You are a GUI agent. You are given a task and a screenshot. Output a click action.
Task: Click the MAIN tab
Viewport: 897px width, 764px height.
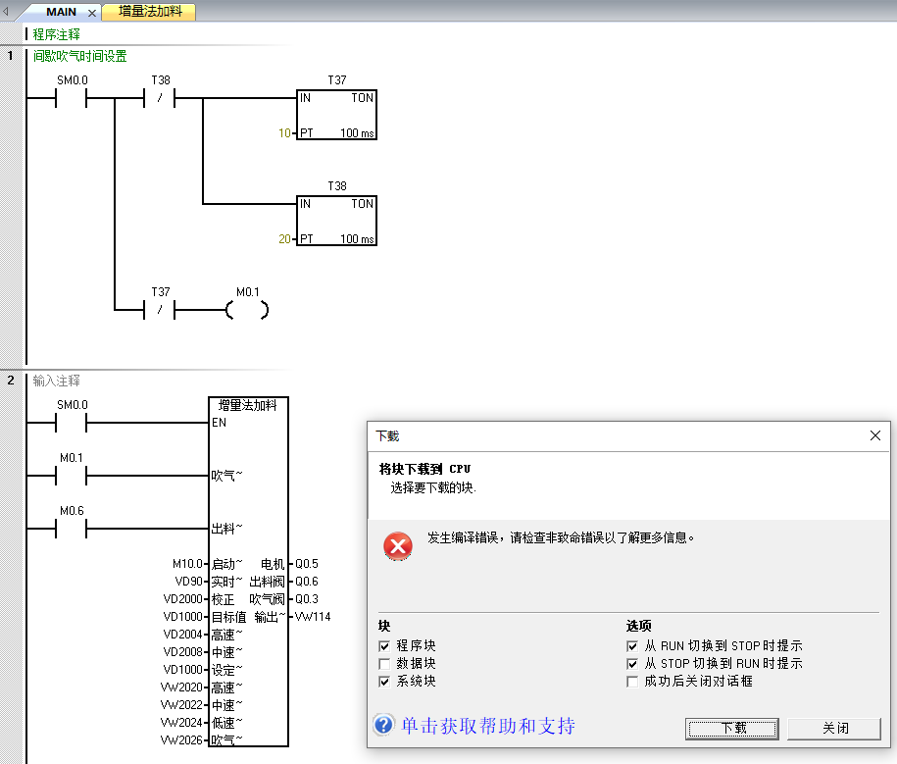click(x=61, y=12)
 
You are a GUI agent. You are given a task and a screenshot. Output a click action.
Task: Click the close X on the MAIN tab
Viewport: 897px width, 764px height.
click(x=92, y=13)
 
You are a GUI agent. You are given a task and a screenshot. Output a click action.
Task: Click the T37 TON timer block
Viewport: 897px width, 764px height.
click(x=336, y=115)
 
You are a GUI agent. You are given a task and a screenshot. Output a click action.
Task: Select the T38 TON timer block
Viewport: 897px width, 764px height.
click(x=336, y=221)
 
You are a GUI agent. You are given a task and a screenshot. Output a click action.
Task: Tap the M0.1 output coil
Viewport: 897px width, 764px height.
click(x=246, y=310)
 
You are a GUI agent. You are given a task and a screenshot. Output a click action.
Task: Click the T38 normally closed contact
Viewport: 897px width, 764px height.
click(x=160, y=99)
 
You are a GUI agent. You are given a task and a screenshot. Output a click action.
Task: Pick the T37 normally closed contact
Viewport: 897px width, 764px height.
click(x=160, y=310)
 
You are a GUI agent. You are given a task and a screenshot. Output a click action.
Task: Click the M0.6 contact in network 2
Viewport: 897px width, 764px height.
click(x=72, y=529)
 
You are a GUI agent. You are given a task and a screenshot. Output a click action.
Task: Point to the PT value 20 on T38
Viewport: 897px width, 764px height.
click(x=284, y=239)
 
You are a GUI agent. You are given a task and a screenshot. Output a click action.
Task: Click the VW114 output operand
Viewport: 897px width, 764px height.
click(x=313, y=617)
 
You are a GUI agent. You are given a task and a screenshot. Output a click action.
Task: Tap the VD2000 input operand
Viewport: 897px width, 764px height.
click(x=183, y=599)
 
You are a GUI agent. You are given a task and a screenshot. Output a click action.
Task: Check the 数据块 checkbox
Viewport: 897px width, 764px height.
click(x=385, y=664)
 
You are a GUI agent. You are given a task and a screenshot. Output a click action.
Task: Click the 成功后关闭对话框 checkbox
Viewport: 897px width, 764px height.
click(x=633, y=682)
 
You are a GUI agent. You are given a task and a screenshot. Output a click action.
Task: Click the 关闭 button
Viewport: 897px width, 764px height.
click(x=835, y=729)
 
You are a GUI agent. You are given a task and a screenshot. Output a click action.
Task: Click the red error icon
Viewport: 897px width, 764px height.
click(x=397, y=546)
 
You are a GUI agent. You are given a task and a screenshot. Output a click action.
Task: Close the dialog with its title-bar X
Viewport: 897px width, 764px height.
click(x=875, y=435)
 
